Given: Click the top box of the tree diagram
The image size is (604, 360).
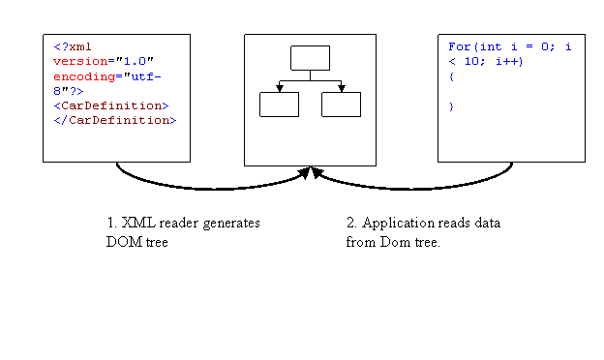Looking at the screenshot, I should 310,58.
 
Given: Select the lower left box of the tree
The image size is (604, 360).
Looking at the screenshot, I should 279,105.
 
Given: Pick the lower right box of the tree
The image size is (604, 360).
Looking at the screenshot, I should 341,105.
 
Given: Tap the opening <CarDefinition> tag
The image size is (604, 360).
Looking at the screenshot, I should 111,105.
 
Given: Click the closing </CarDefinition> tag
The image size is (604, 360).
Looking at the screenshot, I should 115,120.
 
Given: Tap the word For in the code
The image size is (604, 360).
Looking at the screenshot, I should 459,46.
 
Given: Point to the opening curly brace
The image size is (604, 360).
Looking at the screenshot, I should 451,75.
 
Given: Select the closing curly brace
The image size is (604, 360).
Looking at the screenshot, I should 451,105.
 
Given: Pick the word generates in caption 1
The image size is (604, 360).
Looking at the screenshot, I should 229,223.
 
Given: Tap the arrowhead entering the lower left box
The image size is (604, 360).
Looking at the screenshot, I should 279,88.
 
